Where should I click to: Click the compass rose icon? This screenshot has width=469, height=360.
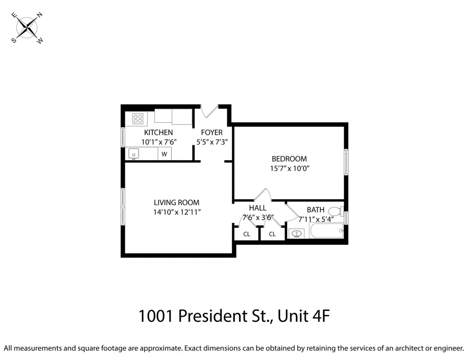pyautogui.click(x=27, y=28)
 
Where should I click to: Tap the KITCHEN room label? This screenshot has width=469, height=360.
pyautogui.click(x=158, y=133)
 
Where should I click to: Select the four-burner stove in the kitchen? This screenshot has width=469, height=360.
pyautogui.click(x=138, y=118)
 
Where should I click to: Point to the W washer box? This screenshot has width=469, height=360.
pyautogui.click(x=164, y=154)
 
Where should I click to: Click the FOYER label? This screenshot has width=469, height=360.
pyautogui.click(x=212, y=133)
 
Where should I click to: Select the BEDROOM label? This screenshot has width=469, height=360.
pyautogui.click(x=289, y=159)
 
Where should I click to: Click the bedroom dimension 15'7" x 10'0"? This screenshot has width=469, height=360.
pyautogui.click(x=289, y=168)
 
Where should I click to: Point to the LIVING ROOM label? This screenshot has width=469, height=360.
pyautogui.click(x=177, y=202)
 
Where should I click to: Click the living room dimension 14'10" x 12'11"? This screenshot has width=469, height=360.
pyautogui.click(x=177, y=212)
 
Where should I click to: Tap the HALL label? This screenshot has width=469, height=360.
pyautogui.click(x=258, y=208)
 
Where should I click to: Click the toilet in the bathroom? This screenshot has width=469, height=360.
pyautogui.click(x=335, y=211)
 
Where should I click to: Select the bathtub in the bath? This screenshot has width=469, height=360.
pyautogui.click(x=326, y=231)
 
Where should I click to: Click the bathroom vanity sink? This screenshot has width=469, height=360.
pyautogui.click(x=297, y=234)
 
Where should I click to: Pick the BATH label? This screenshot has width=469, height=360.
pyautogui.click(x=315, y=210)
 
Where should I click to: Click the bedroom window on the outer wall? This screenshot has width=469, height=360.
pyautogui.click(x=346, y=161)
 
